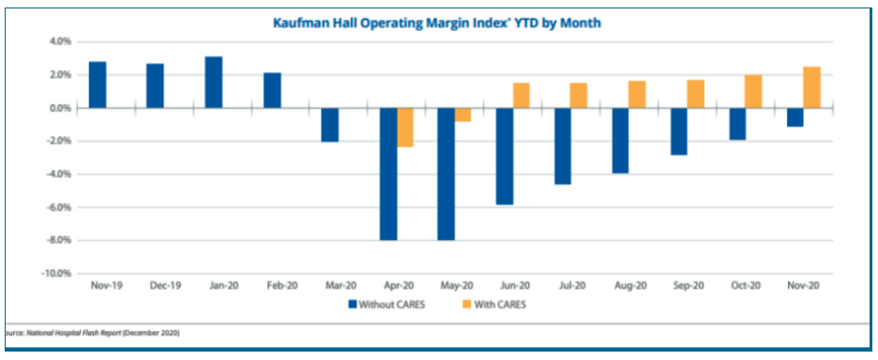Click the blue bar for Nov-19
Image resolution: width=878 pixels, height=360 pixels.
(x=97, y=85)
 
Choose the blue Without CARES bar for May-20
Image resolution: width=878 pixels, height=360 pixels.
(x=446, y=173)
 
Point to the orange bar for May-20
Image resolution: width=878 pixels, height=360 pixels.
(x=462, y=114)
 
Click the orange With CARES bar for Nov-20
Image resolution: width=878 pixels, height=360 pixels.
(x=811, y=87)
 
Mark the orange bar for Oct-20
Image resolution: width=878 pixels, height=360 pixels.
(x=753, y=92)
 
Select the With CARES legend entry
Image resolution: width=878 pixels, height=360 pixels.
(x=492, y=304)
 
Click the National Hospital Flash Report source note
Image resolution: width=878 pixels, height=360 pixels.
(x=94, y=333)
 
